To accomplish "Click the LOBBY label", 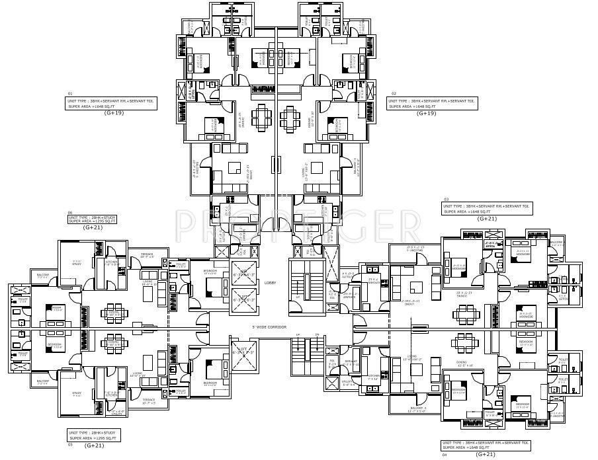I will click(x=269, y=282).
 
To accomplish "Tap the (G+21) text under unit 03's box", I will click(x=487, y=219).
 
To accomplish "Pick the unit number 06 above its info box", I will click(x=69, y=213).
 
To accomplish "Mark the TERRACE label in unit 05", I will click(x=146, y=399).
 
